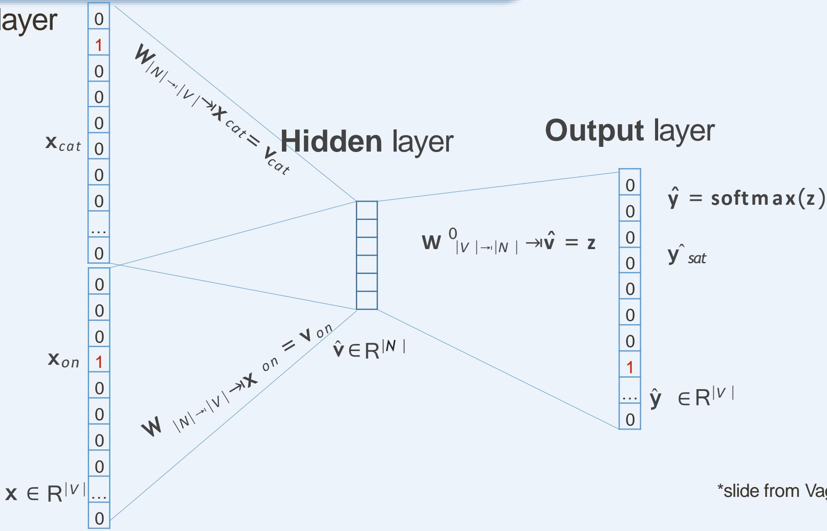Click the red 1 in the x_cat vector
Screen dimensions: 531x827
(x=98, y=45)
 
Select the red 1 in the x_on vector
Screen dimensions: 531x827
(x=99, y=362)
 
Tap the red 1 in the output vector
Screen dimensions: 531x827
(x=630, y=367)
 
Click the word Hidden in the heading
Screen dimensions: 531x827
(x=331, y=141)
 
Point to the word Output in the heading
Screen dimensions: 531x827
(x=594, y=130)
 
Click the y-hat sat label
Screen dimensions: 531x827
(x=686, y=256)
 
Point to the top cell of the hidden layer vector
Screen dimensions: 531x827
(x=367, y=210)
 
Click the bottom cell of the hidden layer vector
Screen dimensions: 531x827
(x=367, y=300)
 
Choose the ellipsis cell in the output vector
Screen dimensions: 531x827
(x=630, y=395)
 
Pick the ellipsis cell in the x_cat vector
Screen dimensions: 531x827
(x=98, y=229)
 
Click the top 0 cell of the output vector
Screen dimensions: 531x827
(x=630, y=185)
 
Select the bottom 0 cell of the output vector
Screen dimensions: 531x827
(x=630, y=419)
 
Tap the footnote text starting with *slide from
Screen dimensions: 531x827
(x=771, y=491)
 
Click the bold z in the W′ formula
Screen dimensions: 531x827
(x=591, y=243)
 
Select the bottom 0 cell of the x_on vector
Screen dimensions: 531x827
(x=99, y=518)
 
